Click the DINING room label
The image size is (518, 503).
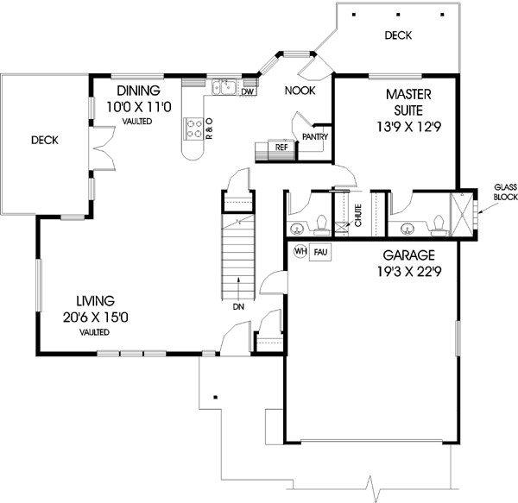[x=138, y=91]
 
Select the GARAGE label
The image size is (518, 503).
[x=409, y=256]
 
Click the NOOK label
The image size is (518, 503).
[x=299, y=90]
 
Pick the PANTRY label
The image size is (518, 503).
[x=312, y=136]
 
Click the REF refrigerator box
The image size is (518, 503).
[x=281, y=148]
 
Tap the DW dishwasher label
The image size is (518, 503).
[x=247, y=91]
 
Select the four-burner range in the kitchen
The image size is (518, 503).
[x=194, y=129]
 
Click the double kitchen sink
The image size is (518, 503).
[x=225, y=86]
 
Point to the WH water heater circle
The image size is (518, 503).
[x=300, y=252]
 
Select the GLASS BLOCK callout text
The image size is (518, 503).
[x=504, y=192]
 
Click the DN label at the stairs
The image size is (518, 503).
[x=238, y=305]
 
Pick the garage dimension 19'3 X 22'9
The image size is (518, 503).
[x=409, y=272]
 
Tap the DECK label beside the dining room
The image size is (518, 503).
[x=43, y=140]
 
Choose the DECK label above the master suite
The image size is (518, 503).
[x=398, y=35]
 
